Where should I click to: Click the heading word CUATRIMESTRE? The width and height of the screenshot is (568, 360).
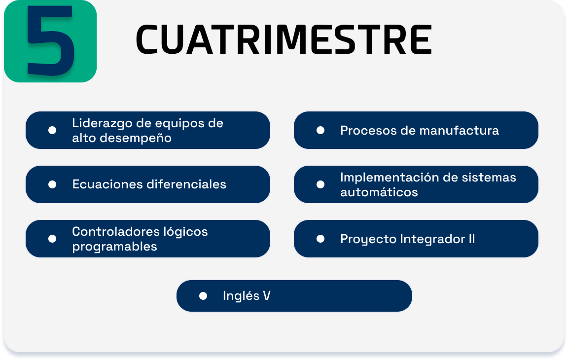(x=284, y=40)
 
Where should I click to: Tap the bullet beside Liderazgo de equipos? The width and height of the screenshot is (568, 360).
(x=52, y=130)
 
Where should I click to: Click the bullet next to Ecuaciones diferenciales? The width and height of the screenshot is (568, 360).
(x=52, y=185)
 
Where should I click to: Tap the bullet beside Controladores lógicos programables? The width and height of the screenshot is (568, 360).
(x=52, y=239)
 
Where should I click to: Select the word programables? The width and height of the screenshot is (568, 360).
(x=114, y=247)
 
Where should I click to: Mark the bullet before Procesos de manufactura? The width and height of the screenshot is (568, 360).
(x=320, y=130)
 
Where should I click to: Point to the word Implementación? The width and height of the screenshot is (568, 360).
(x=390, y=178)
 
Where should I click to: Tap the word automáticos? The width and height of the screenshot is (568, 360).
(x=379, y=192)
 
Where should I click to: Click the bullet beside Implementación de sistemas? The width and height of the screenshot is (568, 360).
(x=320, y=185)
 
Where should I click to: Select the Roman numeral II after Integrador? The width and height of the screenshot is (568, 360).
(x=472, y=239)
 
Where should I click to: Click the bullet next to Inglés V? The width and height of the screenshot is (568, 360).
(x=203, y=296)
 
